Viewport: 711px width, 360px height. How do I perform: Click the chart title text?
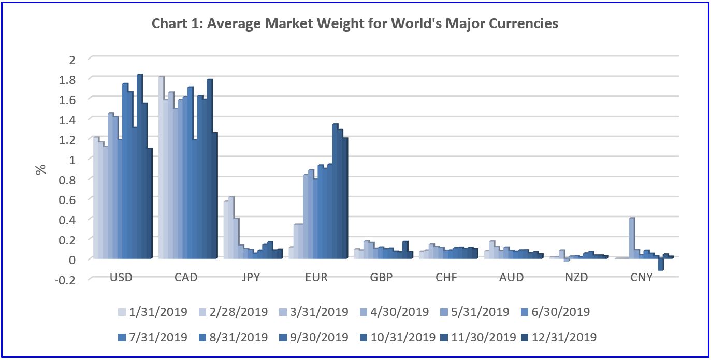click(x=355, y=24)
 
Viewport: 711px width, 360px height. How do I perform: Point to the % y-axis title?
click(x=41, y=169)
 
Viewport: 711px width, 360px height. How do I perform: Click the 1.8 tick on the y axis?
click(x=69, y=79)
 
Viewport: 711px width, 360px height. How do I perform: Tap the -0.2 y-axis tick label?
click(x=66, y=280)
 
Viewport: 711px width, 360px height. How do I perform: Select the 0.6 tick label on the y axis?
click(x=69, y=199)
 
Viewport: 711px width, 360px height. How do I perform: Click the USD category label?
click(x=121, y=277)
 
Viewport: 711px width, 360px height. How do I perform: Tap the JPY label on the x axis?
click(x=251, y=277)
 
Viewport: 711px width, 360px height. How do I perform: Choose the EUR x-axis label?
click(x=316, y=277)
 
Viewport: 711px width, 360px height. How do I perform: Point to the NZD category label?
click(x=577, y=277)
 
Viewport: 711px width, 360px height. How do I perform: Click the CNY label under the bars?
click(x=642, y=277)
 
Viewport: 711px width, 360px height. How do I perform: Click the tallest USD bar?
click(x=139, y=166)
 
